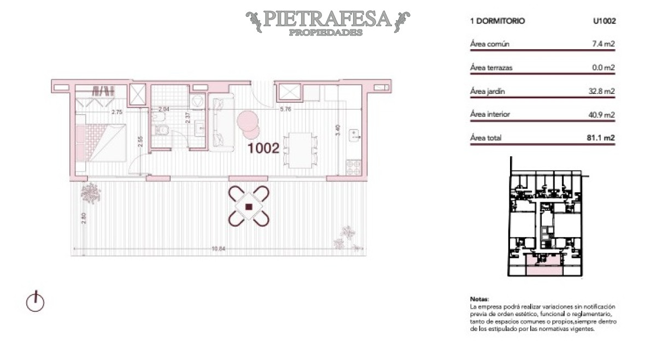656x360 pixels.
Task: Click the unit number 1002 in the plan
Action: point(264,148)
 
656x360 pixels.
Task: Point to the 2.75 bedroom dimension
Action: point(116,113)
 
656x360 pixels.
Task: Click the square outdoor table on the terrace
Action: point(249,206)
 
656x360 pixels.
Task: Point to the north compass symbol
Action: point(35,301)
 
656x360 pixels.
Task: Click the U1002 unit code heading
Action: point(605,21)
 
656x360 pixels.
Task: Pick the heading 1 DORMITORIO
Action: point(497,21)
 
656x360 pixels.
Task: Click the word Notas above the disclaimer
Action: point(478,299)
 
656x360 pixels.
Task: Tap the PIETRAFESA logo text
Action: point(327,20)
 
